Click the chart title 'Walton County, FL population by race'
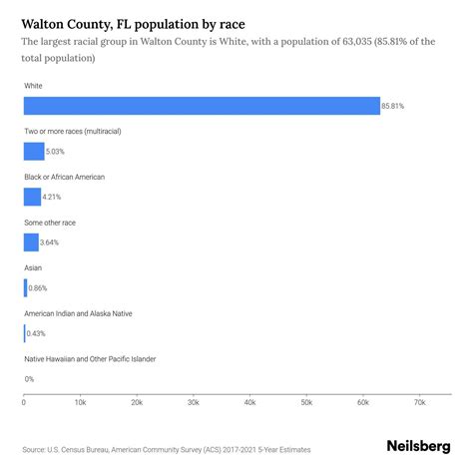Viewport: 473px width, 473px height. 133,22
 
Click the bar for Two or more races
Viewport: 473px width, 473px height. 34,152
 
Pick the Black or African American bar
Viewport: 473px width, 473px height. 32,197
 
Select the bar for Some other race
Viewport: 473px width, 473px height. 31,242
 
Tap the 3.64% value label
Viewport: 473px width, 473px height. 53,242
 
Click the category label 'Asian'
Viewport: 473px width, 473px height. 33,267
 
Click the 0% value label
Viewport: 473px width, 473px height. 29,379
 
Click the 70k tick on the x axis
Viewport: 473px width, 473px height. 419,403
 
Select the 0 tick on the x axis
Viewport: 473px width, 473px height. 24,403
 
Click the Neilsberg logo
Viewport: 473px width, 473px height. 417,448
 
